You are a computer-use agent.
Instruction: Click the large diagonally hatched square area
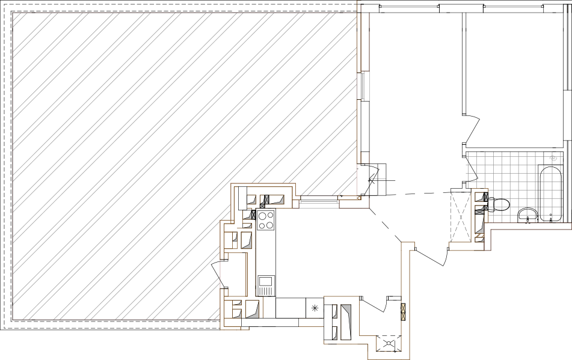tap(150, 150)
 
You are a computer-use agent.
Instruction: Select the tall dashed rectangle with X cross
tap(461, 216)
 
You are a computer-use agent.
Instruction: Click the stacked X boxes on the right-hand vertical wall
tap(403, 312)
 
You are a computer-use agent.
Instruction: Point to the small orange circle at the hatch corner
tap(359, 198)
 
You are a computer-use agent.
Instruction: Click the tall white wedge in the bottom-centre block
tap(346, 322)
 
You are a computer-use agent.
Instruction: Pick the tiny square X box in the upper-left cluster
tap(262, 206)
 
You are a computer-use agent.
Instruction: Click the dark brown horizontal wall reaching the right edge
tap(529, 227)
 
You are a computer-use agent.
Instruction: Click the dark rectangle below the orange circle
tap(354, 203)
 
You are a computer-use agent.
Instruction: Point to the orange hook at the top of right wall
tap(408, 245)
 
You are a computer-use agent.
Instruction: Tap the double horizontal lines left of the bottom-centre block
tap(312, 322)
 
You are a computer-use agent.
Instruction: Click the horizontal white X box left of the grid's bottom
tap(479, 212)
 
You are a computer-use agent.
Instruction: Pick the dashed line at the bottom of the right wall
tap(389, 352)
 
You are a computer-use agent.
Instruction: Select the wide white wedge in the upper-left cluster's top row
tap(277, 200)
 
